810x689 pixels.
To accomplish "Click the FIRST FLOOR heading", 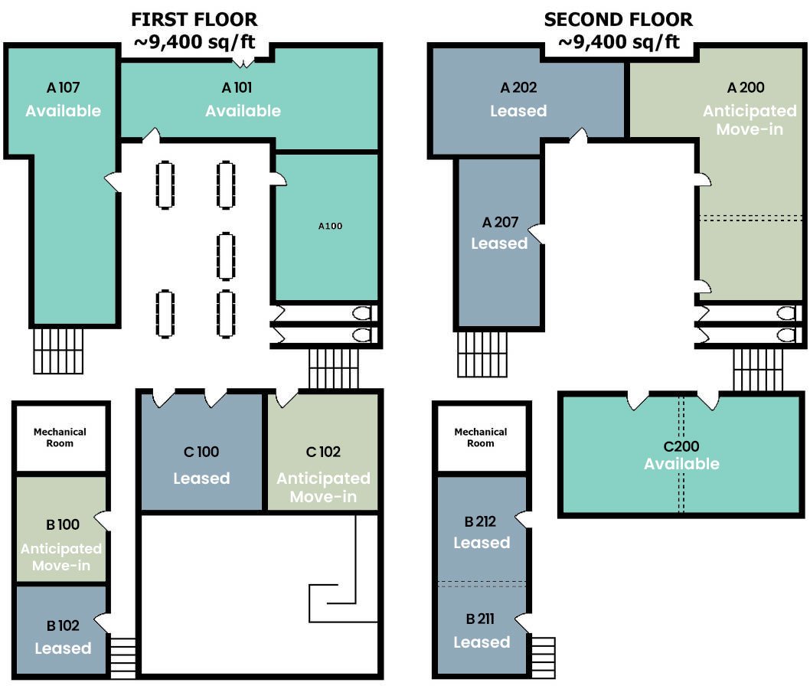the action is click(x=194, y=20).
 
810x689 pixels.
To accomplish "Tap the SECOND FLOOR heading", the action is click(x=619, y=20).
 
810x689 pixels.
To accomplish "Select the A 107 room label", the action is click(x=63, y=87).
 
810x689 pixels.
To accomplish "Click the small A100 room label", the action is click(x=330, y=226).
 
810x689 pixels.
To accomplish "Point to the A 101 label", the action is click(x=237, y=87).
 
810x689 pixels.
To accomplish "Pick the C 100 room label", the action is click(x=201, y=452).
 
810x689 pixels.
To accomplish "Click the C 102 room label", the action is click(x=323, y=452).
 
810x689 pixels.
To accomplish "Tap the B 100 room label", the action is click(x=63, y=524).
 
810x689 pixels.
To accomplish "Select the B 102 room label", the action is click(x=63, y=626).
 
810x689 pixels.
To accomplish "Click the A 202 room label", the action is click(x=518, y=87).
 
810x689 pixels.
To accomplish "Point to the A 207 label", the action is click(x=500, y=222).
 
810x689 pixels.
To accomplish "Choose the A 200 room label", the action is click(x=746, y=87).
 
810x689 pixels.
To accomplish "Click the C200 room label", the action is click(x=681, y=446).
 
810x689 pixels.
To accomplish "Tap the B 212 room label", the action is click(x=480, y=521).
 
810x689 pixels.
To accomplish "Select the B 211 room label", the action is click(x=480, y=619).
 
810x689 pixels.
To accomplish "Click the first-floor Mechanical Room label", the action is click(x=60, y=437).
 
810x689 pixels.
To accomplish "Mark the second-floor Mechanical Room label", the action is click(x=481, y=437).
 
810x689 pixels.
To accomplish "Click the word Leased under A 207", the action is click(x=499, y=243).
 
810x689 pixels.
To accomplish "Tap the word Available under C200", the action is click(x=681, y=464).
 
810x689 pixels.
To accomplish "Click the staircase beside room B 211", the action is click(x=543, y=658).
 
